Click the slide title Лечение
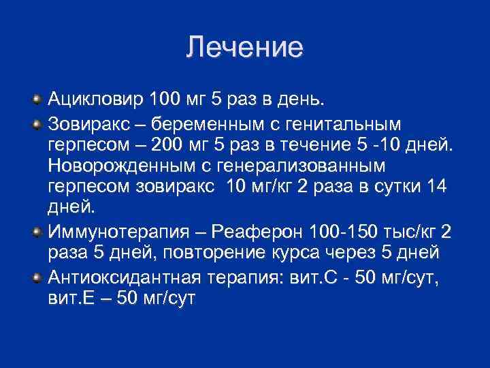244,47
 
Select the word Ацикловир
96,101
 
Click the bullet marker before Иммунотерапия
37,232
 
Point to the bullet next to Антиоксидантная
37,275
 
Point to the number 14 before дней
434,189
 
